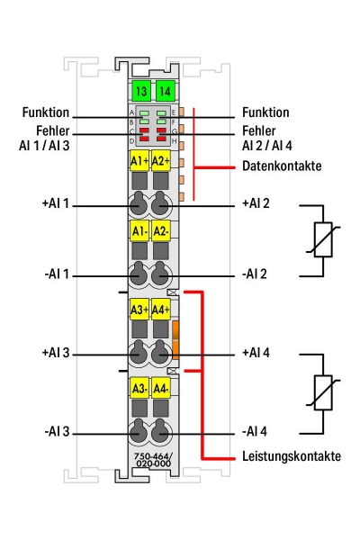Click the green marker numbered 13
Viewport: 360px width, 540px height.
pos(139,90)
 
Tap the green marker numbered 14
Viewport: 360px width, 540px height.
pos(163,90)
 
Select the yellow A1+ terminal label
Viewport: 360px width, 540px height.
pos(139,161)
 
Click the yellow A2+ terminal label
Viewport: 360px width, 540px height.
pos(161,161)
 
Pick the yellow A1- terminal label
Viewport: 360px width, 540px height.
pos(139,231)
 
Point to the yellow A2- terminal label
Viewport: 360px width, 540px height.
pos(161,231)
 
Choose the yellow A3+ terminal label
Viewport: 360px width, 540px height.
pos(139,310)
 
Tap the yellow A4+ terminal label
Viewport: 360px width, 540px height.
pos(161,310)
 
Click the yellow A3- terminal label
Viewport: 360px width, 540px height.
pos(139,390)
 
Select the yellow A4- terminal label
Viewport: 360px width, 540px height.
pos(161,390)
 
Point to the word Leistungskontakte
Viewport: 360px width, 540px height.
pos(291,456)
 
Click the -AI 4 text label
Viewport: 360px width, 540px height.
pos(256,432)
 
